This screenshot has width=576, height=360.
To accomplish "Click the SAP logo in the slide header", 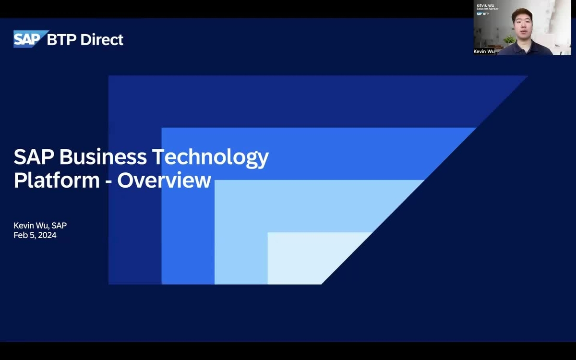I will click(30, 39).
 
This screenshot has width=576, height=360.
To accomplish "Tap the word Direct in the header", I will click(102, 40).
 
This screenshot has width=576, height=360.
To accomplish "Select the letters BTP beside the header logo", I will click(62, 40).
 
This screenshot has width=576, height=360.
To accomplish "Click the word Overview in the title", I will click(164, 180).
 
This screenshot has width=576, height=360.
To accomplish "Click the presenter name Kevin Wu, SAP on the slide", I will click(40, 226).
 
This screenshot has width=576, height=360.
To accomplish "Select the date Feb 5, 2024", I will click(35, 235).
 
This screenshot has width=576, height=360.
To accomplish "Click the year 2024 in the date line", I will click(47, 235).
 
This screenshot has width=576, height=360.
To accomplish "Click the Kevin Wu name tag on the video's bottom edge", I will click(484, 51).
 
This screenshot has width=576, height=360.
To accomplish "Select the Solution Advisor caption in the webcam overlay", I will click(487, 9).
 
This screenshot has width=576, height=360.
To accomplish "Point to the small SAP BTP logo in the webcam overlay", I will click(482, 14).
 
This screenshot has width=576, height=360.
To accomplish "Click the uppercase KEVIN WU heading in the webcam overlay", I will click(485, 5).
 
